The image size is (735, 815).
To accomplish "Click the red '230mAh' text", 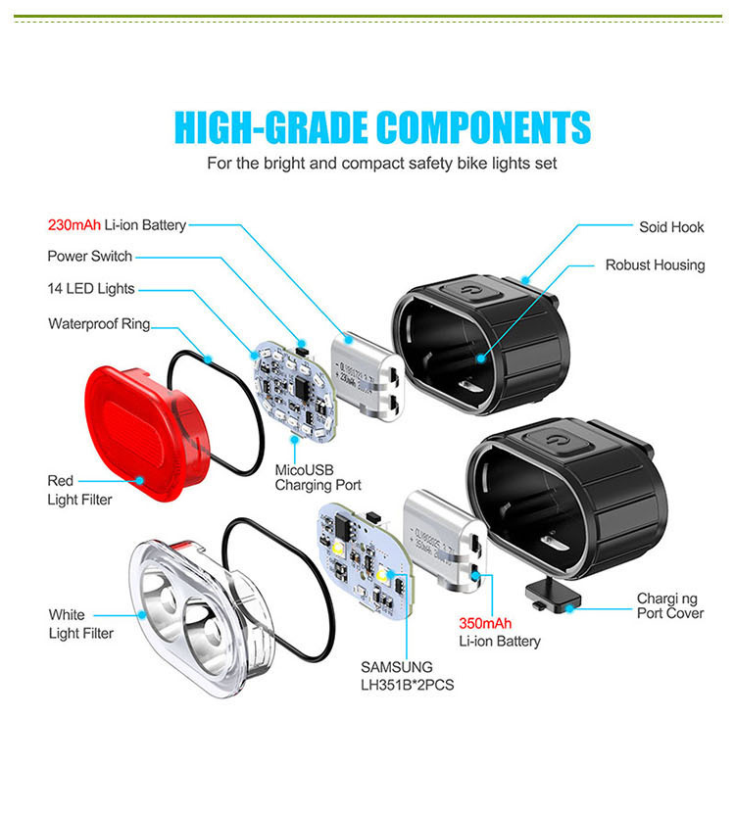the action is tap(73, 225).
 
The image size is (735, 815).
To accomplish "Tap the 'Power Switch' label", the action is tap(89, 257).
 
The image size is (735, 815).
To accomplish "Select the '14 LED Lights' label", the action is tap(90, 288).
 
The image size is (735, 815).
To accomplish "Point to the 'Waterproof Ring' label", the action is tap(99, 324).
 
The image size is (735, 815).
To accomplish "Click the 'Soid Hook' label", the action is tap(671, 227).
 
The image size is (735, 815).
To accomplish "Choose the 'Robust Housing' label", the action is tap(655, 265).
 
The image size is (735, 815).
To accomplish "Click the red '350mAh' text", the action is tap(485, 623).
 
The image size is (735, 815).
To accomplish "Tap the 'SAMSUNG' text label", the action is tap(396, 667).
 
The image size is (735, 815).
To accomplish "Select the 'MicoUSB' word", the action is tap(304, 470).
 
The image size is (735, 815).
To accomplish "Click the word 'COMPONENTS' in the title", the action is tap(484, 127).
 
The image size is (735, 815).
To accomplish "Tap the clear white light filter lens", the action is tap(200, 618).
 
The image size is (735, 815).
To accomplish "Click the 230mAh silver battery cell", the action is tap(367, 376).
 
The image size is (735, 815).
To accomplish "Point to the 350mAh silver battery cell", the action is tap(445, 542).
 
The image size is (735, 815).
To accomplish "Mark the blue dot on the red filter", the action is tap(139, 480).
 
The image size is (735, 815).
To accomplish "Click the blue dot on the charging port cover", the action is tap(570, 608).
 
